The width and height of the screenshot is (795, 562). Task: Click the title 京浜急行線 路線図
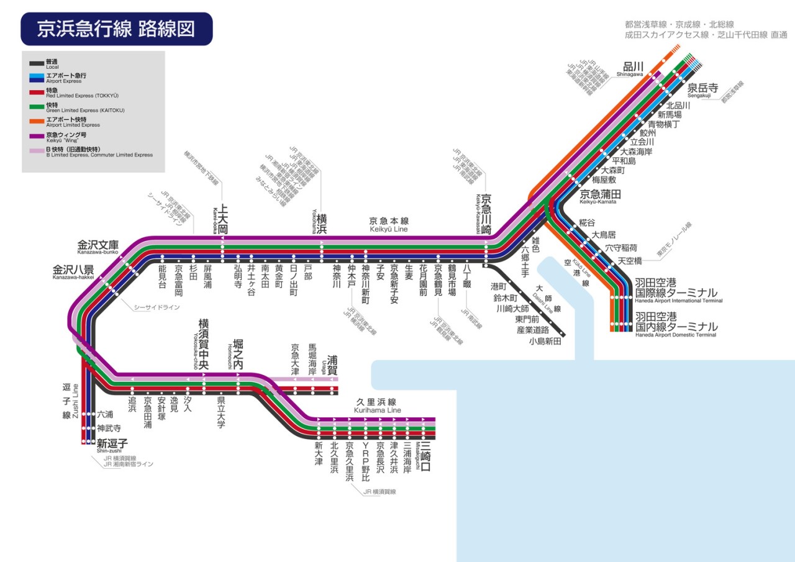point(116,29)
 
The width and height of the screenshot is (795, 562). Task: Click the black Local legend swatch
point(36,63)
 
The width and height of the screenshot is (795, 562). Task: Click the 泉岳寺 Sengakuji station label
point(702,89)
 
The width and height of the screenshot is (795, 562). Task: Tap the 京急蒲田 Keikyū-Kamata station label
point(600,195)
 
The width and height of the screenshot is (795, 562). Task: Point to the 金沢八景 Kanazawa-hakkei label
point(73,271)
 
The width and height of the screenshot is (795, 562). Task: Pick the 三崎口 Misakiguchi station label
point(425,456)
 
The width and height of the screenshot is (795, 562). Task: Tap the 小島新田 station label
point(545,341)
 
